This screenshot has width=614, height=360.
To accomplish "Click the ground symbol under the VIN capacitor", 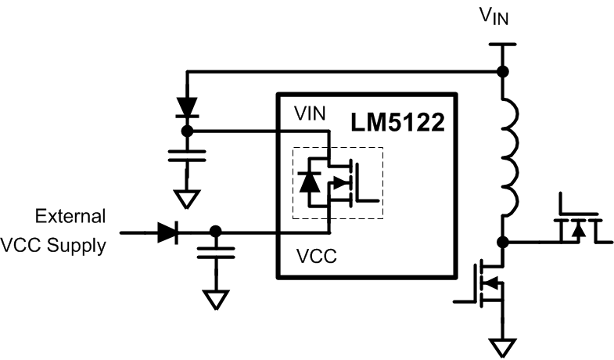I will (x=186, y=199).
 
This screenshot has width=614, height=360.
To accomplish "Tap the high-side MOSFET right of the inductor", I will (x=575, y=224).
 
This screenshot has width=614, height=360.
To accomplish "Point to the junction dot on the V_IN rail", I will (x=502, y=72).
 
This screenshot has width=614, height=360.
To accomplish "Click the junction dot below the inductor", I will (x=502, y=242).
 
